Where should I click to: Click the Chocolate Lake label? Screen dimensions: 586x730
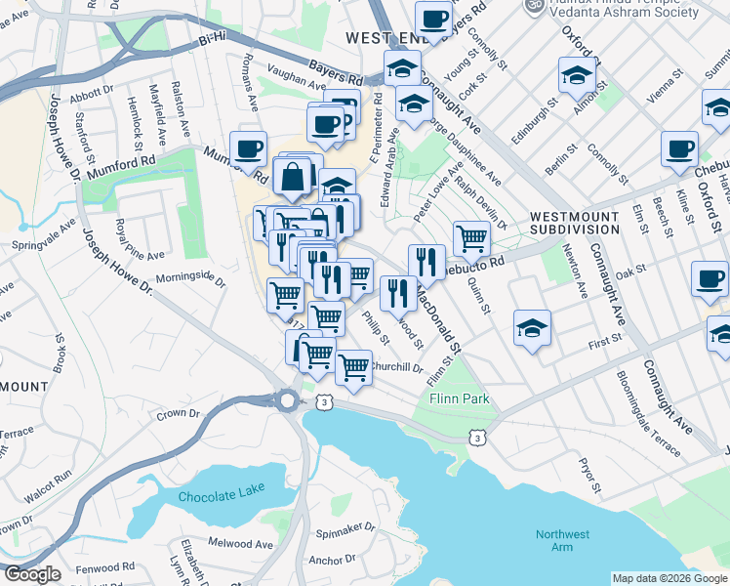tap(223, 497)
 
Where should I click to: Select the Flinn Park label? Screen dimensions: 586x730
tap(458, 399)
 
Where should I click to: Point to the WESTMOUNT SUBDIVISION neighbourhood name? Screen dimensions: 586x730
tap(575, 222)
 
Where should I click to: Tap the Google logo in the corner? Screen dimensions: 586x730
tap(32, 574)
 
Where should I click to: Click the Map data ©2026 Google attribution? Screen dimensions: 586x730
tap(669, 578)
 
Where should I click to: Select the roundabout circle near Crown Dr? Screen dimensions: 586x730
tap(287, 400)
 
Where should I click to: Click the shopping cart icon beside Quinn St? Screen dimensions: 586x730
tap(471, 236)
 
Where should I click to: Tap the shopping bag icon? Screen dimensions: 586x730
tap(293, 178)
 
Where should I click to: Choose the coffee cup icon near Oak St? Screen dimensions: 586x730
tap(710, 277)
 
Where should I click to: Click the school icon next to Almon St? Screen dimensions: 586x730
tap(577, 73)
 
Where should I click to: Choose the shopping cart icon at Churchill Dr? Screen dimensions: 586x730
tap(353, 367)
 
